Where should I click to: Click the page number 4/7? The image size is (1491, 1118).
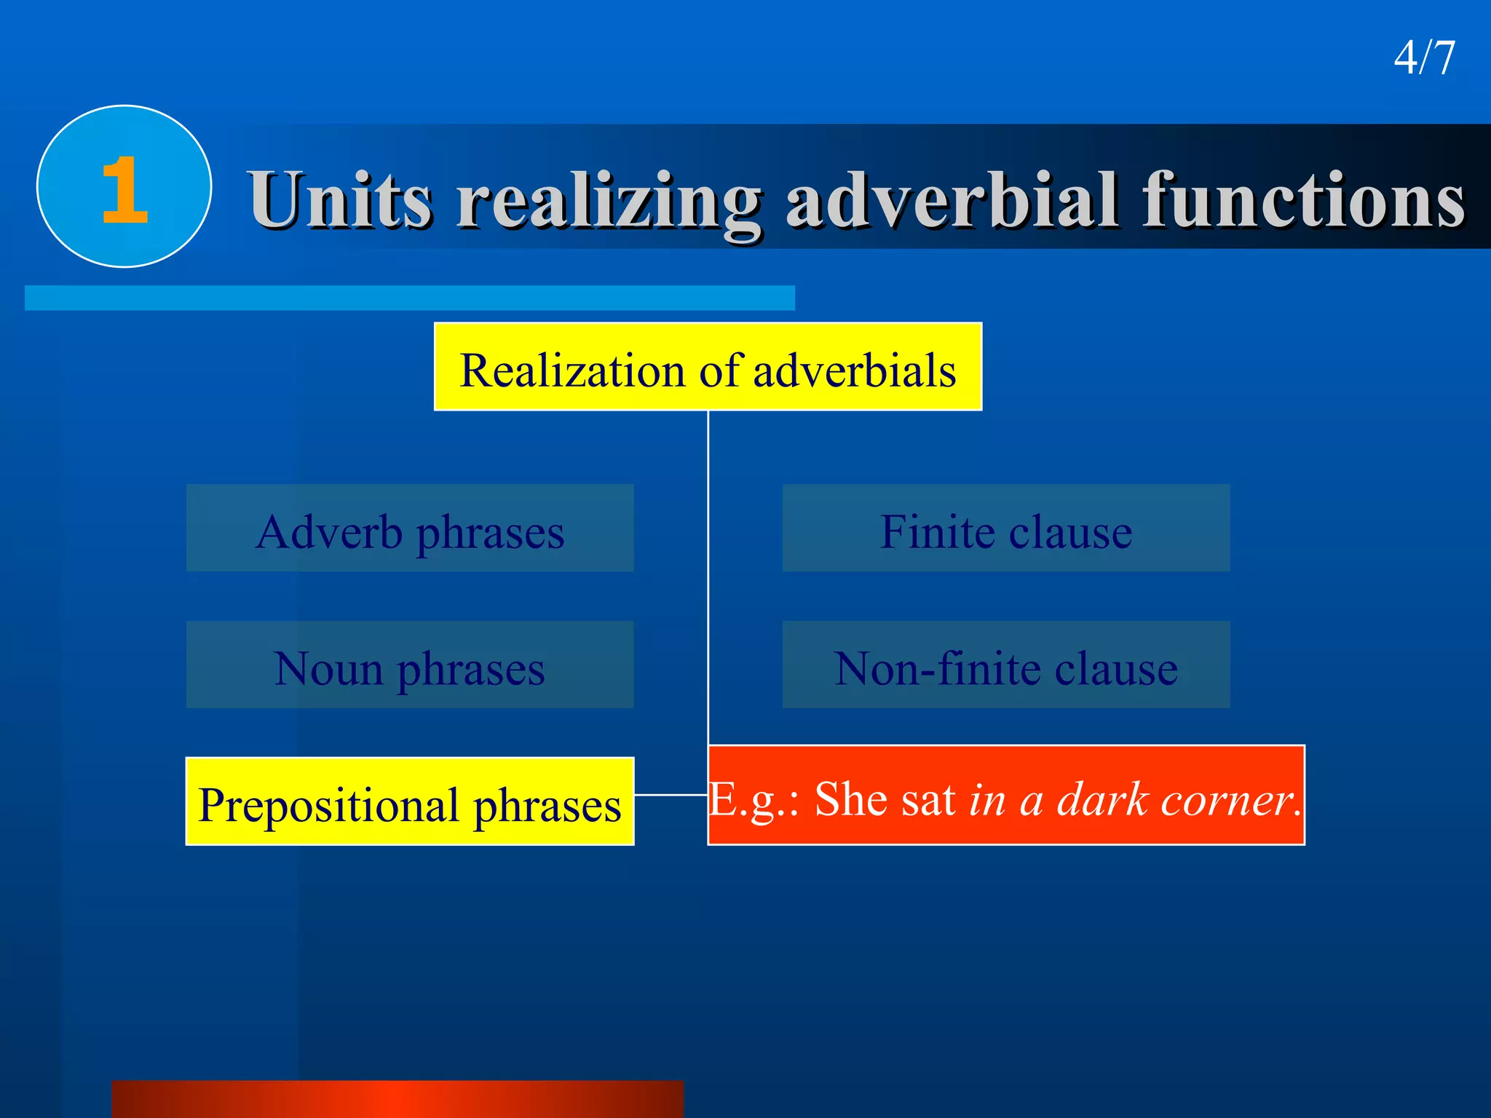[1424, 58]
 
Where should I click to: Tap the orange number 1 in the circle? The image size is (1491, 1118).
[124, 190]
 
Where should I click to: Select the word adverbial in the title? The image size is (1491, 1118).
[951, 199]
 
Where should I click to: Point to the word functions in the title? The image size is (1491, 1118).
[1303, 199]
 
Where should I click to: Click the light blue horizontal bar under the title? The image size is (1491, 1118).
[410, 298]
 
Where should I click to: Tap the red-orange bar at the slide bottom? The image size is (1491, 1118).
[398, 1099]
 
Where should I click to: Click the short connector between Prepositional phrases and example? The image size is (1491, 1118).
[671, 795]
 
